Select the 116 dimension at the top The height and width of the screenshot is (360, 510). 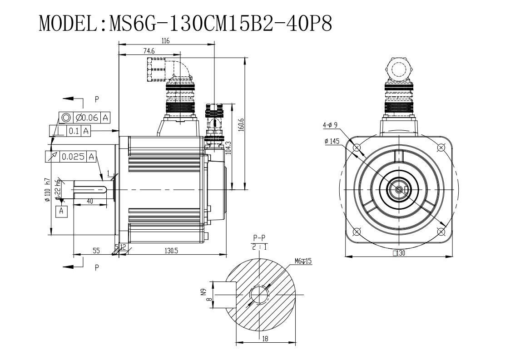pos(166,41)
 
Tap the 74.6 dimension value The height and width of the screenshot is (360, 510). pos(149,51)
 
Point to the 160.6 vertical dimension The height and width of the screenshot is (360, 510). pos(241,125)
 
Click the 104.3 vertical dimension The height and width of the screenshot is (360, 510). pos(228,148)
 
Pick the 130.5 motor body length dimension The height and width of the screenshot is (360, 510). pos(171,251)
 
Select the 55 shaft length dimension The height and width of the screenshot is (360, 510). pos(96,251)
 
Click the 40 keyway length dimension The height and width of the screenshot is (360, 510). pos(90,201)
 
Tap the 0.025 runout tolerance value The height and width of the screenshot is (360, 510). pos(73,157)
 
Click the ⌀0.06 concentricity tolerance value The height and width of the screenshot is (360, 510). pos(87,118)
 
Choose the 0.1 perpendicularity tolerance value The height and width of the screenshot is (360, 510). pos(74,131)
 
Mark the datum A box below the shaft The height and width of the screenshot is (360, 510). pos(62,212)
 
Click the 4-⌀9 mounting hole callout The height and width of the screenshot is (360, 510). pos(330,125)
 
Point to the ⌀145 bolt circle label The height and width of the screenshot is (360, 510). pos(332,141)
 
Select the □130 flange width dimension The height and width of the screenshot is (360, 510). pos(399,253)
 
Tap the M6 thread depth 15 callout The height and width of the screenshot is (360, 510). pos(303,261)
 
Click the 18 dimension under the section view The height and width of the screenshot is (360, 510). pos(265,339)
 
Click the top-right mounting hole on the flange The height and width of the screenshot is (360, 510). pos(441,148)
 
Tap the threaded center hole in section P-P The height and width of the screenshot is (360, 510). pos(259,295)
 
